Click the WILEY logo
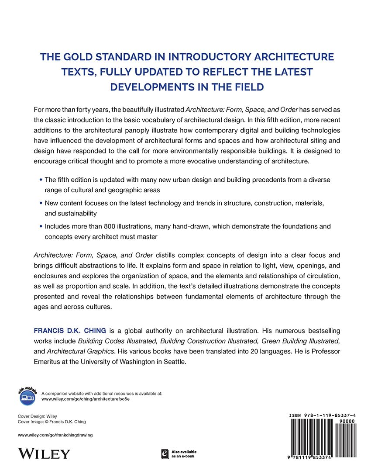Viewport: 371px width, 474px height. (44, 453)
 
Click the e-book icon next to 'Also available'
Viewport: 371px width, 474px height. (165, 454)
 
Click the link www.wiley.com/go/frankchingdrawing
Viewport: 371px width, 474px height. (55, 435)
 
